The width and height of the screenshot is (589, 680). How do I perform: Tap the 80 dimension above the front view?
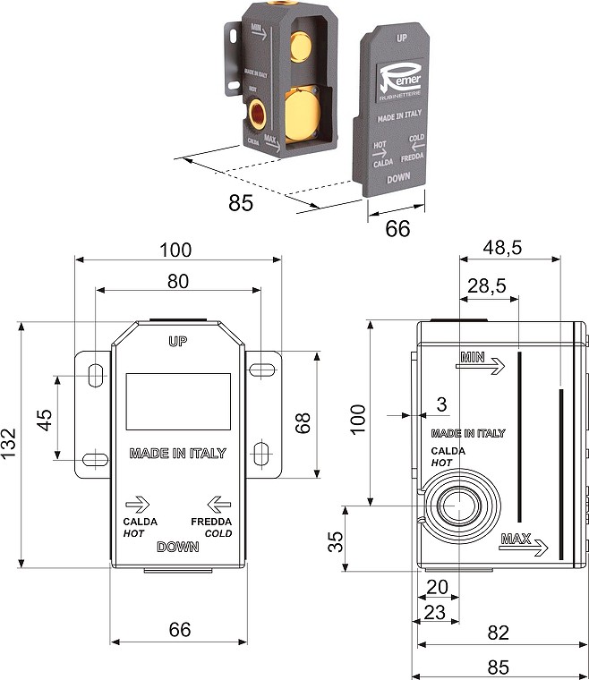178,281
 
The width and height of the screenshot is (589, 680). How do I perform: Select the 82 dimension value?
499,633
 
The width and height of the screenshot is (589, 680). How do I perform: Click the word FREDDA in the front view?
211,522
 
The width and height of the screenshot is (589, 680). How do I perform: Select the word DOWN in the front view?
177,547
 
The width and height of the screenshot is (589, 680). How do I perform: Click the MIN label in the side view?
473,357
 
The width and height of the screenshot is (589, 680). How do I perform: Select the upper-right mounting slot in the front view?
261,370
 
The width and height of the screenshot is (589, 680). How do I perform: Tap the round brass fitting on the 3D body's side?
259,113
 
